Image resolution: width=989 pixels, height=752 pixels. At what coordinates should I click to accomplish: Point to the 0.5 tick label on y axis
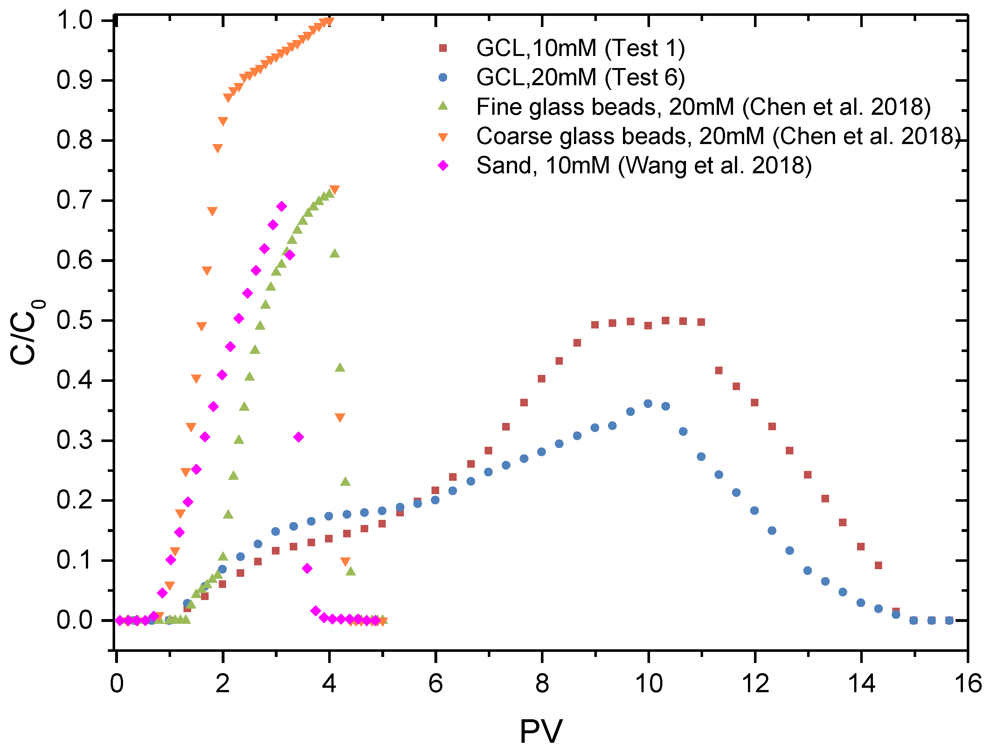click(74, 321)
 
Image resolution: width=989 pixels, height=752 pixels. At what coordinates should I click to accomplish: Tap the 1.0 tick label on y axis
click(74, 21)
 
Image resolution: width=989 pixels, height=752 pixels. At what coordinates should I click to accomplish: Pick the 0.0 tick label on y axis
click(74, 620)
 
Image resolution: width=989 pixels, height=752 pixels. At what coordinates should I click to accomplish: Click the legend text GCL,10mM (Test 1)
click(580, 48)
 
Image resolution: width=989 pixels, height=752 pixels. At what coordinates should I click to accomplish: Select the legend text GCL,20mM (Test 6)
click(580, 78)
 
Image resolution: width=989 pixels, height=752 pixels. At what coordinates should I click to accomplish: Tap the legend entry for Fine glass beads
click(703, 107)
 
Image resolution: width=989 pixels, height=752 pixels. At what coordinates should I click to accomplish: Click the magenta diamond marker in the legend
click(443, 166)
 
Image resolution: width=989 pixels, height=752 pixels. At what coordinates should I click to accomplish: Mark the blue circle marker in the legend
click(443, 78)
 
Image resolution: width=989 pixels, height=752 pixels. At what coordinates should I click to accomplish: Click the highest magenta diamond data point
click(282, 206)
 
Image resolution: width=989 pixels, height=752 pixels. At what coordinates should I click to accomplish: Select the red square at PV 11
click(701, 322)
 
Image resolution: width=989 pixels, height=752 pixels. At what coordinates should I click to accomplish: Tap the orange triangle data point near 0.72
click(334, 190)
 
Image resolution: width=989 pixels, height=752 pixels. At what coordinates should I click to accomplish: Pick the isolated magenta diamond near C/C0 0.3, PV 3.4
click(299, 437)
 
